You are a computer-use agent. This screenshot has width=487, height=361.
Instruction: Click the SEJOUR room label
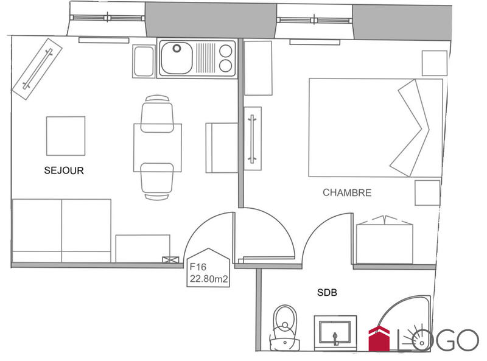64,171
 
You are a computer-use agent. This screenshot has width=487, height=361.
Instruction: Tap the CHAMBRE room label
347,193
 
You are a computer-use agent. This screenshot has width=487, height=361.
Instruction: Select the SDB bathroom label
327,293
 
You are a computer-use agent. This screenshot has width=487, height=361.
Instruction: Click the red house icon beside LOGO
379,339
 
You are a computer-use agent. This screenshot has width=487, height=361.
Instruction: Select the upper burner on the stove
225,51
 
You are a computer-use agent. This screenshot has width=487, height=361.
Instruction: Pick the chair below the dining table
157,181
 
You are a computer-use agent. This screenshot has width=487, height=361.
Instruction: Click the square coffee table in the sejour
66,136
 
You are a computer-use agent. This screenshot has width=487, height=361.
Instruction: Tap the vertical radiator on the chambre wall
252,138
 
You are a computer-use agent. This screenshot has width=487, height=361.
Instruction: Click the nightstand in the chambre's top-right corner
435,63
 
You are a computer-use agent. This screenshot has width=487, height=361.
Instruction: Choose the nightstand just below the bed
427,192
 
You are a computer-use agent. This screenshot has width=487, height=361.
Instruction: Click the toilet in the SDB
284,329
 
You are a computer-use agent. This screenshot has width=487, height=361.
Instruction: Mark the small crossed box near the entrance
167,260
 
